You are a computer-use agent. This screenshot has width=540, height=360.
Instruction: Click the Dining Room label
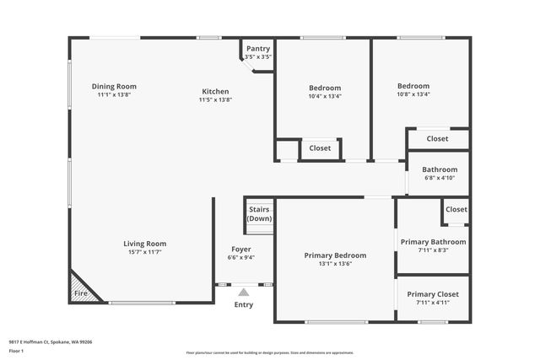pos(114,86)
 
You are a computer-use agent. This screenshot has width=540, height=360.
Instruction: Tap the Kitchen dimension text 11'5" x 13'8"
pos(215,100)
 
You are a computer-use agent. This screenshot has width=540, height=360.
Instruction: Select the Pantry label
pos(257,49)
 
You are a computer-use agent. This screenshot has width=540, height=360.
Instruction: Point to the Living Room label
pos(145,243)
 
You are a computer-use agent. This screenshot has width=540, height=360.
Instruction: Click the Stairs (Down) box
pos(260,213)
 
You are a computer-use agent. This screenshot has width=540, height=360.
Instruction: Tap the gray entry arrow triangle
pos(243,291)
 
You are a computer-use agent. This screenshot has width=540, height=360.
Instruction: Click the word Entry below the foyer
pos(243,304)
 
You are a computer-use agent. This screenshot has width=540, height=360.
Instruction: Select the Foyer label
pos(240,249)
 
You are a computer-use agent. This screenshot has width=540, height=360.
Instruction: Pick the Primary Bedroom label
pos(335,255)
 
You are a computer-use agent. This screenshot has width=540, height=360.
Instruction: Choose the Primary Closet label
pos(433,293)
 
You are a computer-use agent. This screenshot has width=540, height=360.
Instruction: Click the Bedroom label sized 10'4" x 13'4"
pos(325,88)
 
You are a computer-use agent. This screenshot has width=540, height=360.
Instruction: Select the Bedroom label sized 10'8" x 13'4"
pos(413,86)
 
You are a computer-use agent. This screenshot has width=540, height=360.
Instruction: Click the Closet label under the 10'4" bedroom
pos(320,148)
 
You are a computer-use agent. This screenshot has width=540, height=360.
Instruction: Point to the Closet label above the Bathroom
pos(437,138)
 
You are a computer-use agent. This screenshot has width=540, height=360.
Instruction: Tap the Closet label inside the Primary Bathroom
pos(456,209)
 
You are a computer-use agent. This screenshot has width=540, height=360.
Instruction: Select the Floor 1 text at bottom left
pos(16,350)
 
